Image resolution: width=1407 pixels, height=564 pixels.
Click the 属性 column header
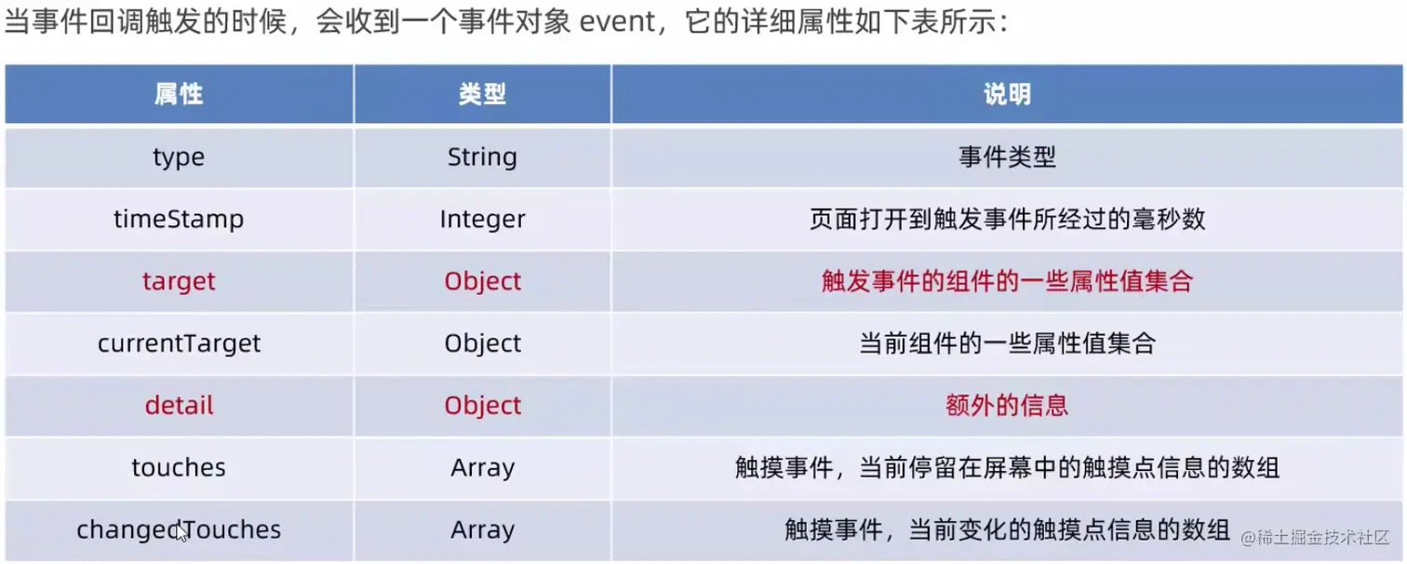(x=179, y=94)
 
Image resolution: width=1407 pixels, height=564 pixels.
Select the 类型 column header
(x=482, y=94)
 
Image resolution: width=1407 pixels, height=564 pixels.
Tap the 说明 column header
(x=1007, y=94)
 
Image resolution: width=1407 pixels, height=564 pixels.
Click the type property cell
(x=179, y=157)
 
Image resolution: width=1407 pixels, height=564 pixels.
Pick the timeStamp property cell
(x=179, y=220)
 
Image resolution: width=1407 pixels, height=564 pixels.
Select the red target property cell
(x=179, y=281)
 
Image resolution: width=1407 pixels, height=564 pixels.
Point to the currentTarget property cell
(x=179, y=343)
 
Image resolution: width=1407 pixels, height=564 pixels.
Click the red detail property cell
(x=179, y=406)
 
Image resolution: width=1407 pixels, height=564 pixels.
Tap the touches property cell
(x=179, y=467)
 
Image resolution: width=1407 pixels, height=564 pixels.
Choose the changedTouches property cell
(x=179, y=530)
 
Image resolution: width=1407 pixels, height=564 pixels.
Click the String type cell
(x=482, y=157)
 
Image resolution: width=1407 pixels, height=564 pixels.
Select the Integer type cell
(x=482, y=220)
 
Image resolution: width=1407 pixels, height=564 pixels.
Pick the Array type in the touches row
(x=482, y=467)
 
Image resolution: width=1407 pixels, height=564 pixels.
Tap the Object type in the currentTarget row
(x=482, y=343)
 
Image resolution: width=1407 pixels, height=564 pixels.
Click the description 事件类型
(x=1007, y=157)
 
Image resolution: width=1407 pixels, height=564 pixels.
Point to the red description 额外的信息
(x=1007, y=406)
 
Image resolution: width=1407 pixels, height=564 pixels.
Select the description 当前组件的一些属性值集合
(x=1007, y=343)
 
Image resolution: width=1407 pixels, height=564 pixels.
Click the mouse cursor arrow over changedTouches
(x=181, y=533)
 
